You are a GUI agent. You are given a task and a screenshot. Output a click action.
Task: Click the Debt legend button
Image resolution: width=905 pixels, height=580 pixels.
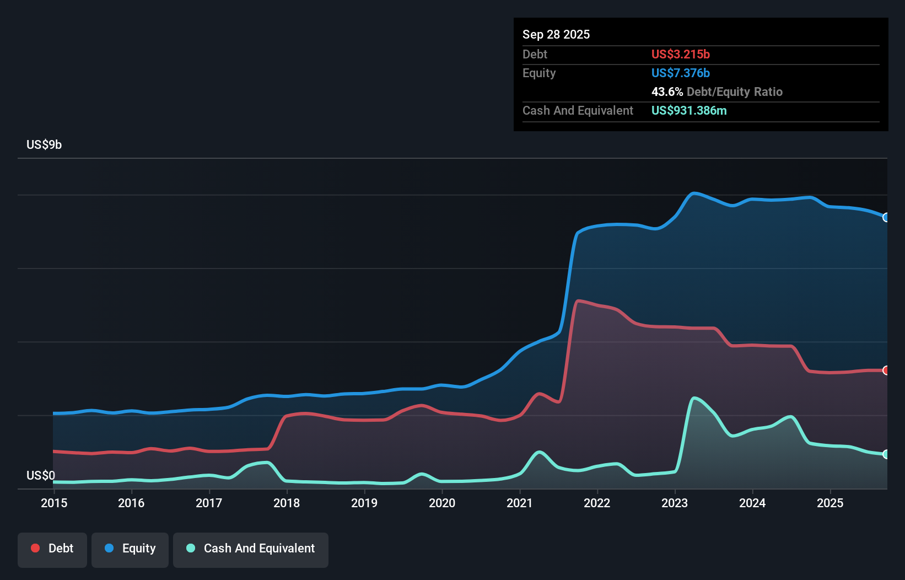pyautogui.click(x=52, y=549)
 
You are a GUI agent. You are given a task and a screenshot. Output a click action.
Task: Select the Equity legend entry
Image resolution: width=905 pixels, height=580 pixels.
pyautogui.click(x=130, y=549)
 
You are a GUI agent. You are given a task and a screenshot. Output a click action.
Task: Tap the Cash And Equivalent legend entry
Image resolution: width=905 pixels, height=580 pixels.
pyautogui.click(x=251, y=549)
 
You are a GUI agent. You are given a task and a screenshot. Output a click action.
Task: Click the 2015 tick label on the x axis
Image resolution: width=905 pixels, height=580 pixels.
pyautogui.click(x=54, y=503)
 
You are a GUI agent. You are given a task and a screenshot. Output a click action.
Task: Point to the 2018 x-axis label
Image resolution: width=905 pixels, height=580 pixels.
pyautogui.click(x=287, y=503)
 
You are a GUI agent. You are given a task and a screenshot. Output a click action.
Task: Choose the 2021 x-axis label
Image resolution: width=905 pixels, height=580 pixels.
pyautogui.click(x=520, y=503)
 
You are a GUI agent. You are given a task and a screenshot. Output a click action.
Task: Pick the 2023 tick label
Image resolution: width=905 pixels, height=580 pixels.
pyautogui.click(x=675, y=503)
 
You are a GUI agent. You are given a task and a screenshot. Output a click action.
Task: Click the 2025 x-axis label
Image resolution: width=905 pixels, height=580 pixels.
pyautogui.click(x=830, y=503)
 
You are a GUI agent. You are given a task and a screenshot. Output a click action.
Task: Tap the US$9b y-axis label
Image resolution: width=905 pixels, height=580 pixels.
pyautogui.click(x=44, y=144)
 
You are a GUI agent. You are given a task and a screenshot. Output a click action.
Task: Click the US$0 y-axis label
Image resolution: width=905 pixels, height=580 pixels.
pyautogui.click(x=41, y=475)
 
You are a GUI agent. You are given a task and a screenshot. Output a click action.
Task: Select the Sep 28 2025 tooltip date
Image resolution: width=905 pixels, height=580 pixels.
pyautogui.click(x=556, y=34)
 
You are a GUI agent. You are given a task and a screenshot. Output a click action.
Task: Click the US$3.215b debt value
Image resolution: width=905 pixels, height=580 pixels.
pyautogui.click(x=681, y=54)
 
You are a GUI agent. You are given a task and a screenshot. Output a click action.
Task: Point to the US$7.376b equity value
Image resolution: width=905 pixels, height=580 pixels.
pyautogui.click(x=681, y=73)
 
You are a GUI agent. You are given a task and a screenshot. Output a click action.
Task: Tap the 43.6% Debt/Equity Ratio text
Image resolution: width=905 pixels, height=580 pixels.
pyautogui.click(x=717, y=92)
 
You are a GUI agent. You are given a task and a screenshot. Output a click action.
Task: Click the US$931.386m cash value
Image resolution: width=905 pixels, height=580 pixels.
pyautogui.click(x=689, y=110)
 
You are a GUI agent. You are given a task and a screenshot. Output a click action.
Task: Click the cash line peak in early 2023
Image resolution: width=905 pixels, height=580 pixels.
pyautogui.click(x=694, y=398)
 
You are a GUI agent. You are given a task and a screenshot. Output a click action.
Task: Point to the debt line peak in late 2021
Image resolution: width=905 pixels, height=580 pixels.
pyautogui.click(x=578, y=301)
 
